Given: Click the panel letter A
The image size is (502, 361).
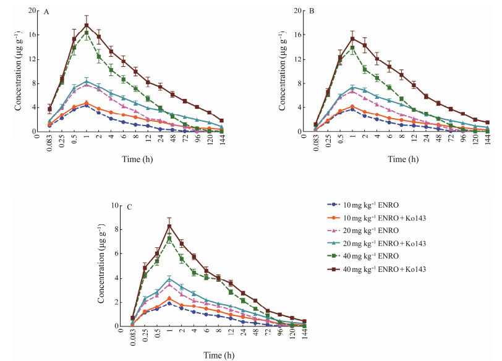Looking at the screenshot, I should pyautogui.click(x=47, y=12).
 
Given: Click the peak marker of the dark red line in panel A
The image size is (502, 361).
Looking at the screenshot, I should pyautogui.click(x=87, y=25).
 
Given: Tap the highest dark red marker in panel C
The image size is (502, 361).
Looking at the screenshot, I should pyautogui.click(x=169, y=226).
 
